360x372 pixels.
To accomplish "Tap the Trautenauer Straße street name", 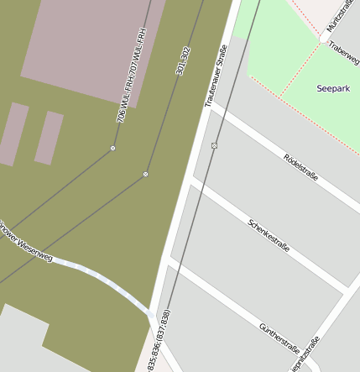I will (216, 76).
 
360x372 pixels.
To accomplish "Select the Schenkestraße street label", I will (269, 236).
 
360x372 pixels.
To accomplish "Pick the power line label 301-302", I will (183, 61).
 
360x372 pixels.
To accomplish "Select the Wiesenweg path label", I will (25, 241).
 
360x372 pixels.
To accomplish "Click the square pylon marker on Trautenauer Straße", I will (214, 145).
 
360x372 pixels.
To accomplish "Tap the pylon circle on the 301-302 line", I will (145, 174).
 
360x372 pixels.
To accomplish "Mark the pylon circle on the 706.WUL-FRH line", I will (112, 149).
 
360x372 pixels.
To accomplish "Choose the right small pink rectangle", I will (49, 137).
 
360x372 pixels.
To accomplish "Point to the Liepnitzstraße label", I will (304, 354).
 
